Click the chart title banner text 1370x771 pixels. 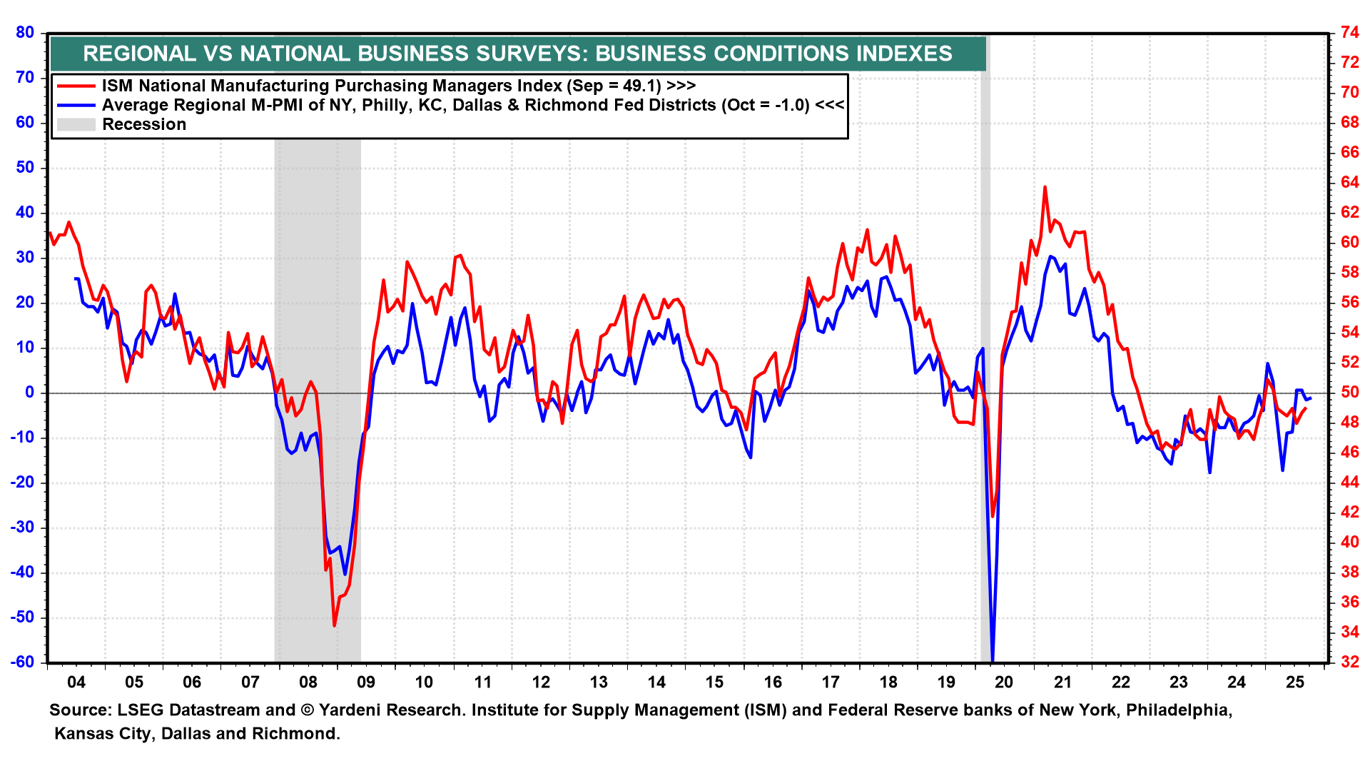517,54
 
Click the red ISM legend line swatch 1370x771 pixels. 76,86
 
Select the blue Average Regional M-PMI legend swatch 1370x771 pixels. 76,105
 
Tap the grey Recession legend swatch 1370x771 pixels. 76,124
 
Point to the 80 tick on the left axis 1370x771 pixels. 25,32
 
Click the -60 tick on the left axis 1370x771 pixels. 22,662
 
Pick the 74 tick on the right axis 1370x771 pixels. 1349,32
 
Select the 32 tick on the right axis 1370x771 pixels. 1349,662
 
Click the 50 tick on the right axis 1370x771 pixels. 1349,392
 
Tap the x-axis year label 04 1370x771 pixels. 76,682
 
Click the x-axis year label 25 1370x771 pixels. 1294,682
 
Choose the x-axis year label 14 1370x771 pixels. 656,682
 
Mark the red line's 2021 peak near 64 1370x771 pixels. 1045,188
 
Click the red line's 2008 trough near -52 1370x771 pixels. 335,625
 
